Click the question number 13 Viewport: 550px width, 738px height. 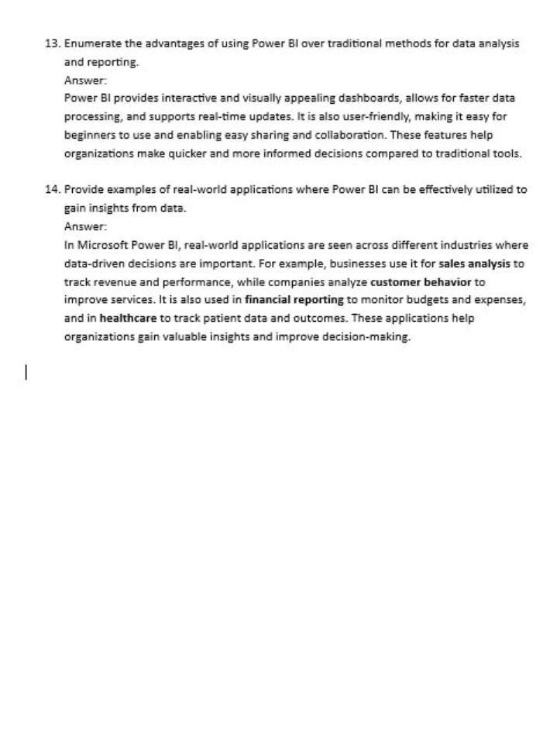pos(53,43)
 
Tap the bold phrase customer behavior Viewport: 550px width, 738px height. pos(421,282)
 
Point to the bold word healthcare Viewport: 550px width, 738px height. pos(128,319)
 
